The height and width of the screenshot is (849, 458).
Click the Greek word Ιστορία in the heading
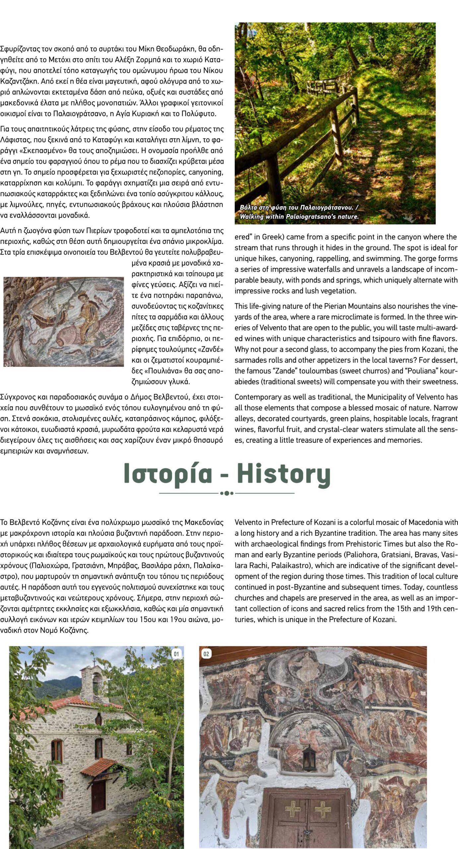click(168, 474)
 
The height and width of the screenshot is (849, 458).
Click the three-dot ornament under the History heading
click(227, 493)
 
